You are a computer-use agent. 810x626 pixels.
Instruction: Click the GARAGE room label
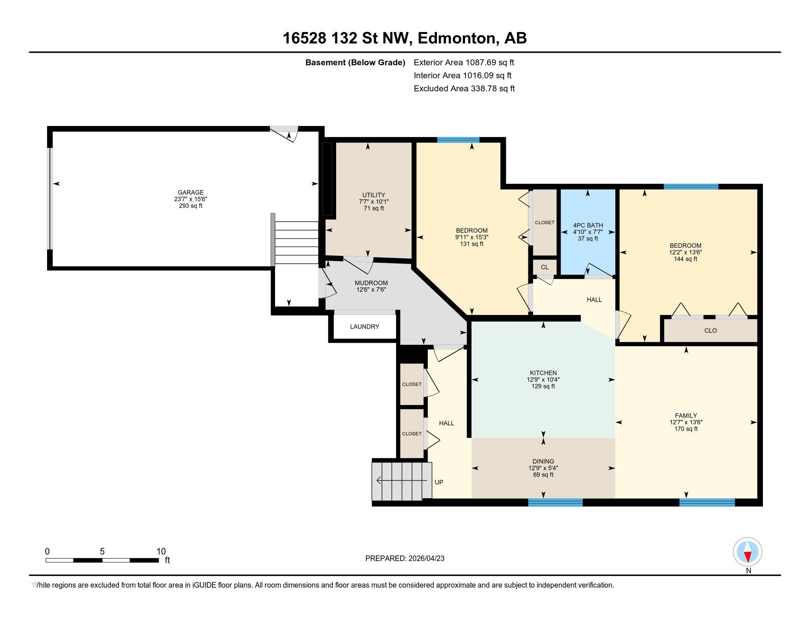tap(191, 192)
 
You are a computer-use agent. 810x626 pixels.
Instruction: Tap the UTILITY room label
tap(373, 195)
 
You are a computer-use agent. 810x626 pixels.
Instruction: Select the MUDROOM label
tap(371, 283)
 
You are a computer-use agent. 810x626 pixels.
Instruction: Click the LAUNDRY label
tap(364, 326)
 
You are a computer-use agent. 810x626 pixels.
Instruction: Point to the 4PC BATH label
tap(588, 225)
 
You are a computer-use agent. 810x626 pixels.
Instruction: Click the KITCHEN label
tap(543, 373)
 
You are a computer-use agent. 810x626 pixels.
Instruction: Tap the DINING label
tap(543, 461)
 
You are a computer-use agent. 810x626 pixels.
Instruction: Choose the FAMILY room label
tap(686, 415)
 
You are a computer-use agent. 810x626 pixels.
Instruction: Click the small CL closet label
tap(545, 267)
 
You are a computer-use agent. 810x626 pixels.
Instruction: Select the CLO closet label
tap(711, 330)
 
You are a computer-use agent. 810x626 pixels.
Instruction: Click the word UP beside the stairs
tap(439, 482)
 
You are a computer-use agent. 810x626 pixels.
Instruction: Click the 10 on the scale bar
tap(161, 552)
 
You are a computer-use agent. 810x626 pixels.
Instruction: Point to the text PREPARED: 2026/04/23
tap(405, 559)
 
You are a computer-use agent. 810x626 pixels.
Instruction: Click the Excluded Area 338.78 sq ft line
tap(464, 88)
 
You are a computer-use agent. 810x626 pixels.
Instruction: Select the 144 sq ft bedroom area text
tap(686, 259)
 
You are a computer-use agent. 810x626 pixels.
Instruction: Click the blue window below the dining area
tap(555, 503)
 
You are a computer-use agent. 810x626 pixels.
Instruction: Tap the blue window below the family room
tap(707, 503)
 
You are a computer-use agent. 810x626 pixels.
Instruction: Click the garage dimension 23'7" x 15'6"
tap(191, 199)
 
